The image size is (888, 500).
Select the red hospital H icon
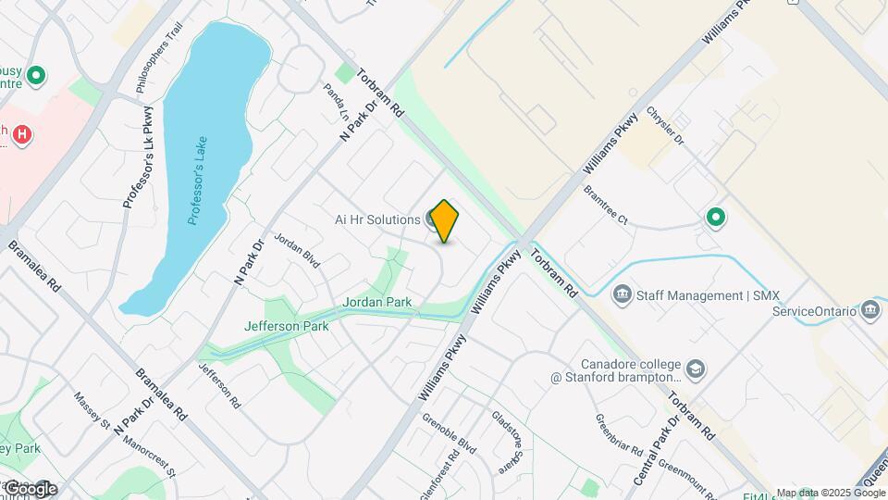pyautogui.click(x=22, y=136)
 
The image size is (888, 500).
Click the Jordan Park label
pyautogui.click(x=376, y=302)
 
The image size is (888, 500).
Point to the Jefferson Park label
pyautogui.click(x=286, y=326)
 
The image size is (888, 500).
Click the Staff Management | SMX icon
pyautogui.click(x=623, y=295)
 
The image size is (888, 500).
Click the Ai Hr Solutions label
pyautogui.click(x=377, y=219)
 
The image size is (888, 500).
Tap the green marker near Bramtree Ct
pyautogui.click(x=715, y=219)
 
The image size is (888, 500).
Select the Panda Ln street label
pyautogui.click(x=336, y=102)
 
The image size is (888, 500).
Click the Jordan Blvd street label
pyautogui.click(x=297, y=251)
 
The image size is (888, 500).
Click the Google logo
pyautogui.click(x=30, y=488)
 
